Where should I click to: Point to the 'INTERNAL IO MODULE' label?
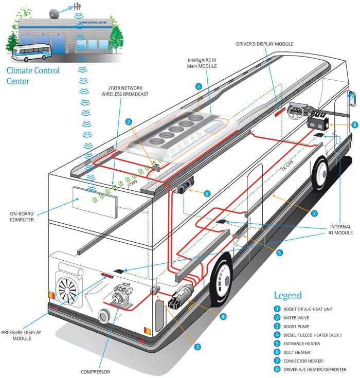point(340,229)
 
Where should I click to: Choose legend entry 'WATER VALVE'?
point(297,318)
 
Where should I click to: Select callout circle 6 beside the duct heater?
point(207,193)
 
